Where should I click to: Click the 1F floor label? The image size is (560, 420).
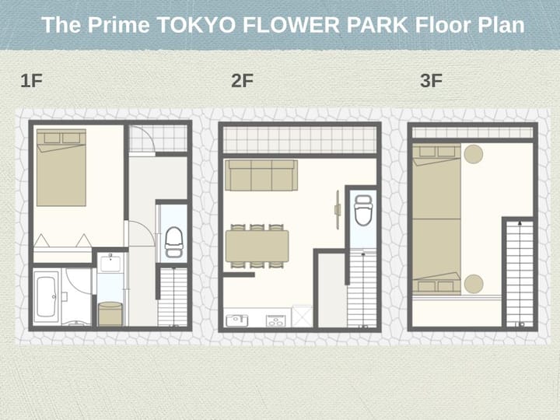[x=31, y=81]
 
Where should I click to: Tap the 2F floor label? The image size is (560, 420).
[x=242, y=81]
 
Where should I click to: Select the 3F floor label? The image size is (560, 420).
[x=431, y=81]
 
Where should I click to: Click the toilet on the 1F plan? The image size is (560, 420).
[x=174, y=243]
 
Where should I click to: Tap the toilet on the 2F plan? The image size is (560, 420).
[x=363, y=210]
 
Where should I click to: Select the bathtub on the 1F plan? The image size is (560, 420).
[x=46, y=297]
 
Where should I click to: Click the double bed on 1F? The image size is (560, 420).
[x=61, y=167]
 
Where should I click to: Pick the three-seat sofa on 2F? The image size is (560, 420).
[x=261, y=175]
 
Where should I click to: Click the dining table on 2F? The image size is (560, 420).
[x=257, y=246]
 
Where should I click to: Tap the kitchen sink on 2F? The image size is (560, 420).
[x=236, y=320]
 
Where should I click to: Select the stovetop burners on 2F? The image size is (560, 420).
[x=275, y=320]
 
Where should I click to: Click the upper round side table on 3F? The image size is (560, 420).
[x=474, y=154]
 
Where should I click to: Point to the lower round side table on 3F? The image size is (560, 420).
[x=474, y=284]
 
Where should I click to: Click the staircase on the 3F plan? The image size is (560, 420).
[x=520, y=274]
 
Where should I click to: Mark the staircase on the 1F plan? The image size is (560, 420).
[x=173, y=297]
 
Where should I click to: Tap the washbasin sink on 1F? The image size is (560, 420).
[x=110, y=263]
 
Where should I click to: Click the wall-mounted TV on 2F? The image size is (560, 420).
[x=338, y=210]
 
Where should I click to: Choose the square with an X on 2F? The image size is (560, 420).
[x=302, y=316]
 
